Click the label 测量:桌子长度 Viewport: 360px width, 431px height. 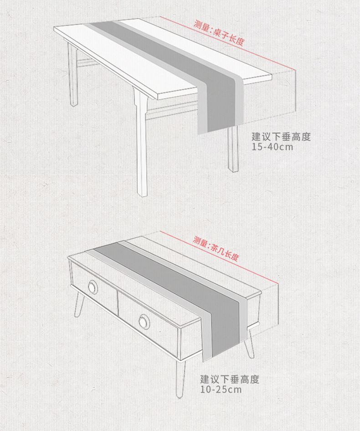point(219,33)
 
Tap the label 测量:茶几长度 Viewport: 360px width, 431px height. point(216,248)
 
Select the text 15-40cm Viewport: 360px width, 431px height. point(273,147)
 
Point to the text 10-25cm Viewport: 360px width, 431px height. point(221,390)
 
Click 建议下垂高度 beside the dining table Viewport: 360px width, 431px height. point(281,137)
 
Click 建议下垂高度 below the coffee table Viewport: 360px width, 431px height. point(230,380)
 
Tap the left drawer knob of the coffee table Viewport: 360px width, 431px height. point(93,287)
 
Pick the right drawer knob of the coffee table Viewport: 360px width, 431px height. point(144,321)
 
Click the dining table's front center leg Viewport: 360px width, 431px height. point(142,143)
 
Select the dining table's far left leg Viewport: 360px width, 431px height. point(73,74)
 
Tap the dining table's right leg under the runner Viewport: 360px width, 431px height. point(233,149)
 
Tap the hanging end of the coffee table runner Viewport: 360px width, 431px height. point(224,330)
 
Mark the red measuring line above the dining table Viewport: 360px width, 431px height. point(228,43)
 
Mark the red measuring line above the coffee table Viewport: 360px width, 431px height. point(219,258)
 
